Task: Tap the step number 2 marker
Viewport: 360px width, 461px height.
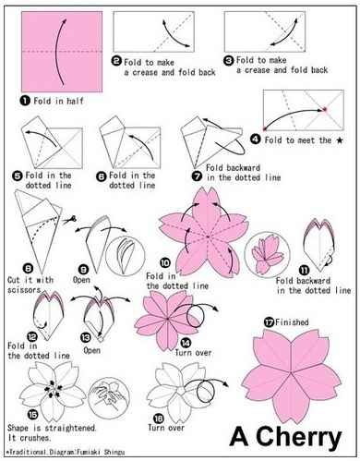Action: click(x=117, y=60)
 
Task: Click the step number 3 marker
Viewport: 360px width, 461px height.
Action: click(x=240, y=60)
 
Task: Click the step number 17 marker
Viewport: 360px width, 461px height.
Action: click(x=269, y=321)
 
